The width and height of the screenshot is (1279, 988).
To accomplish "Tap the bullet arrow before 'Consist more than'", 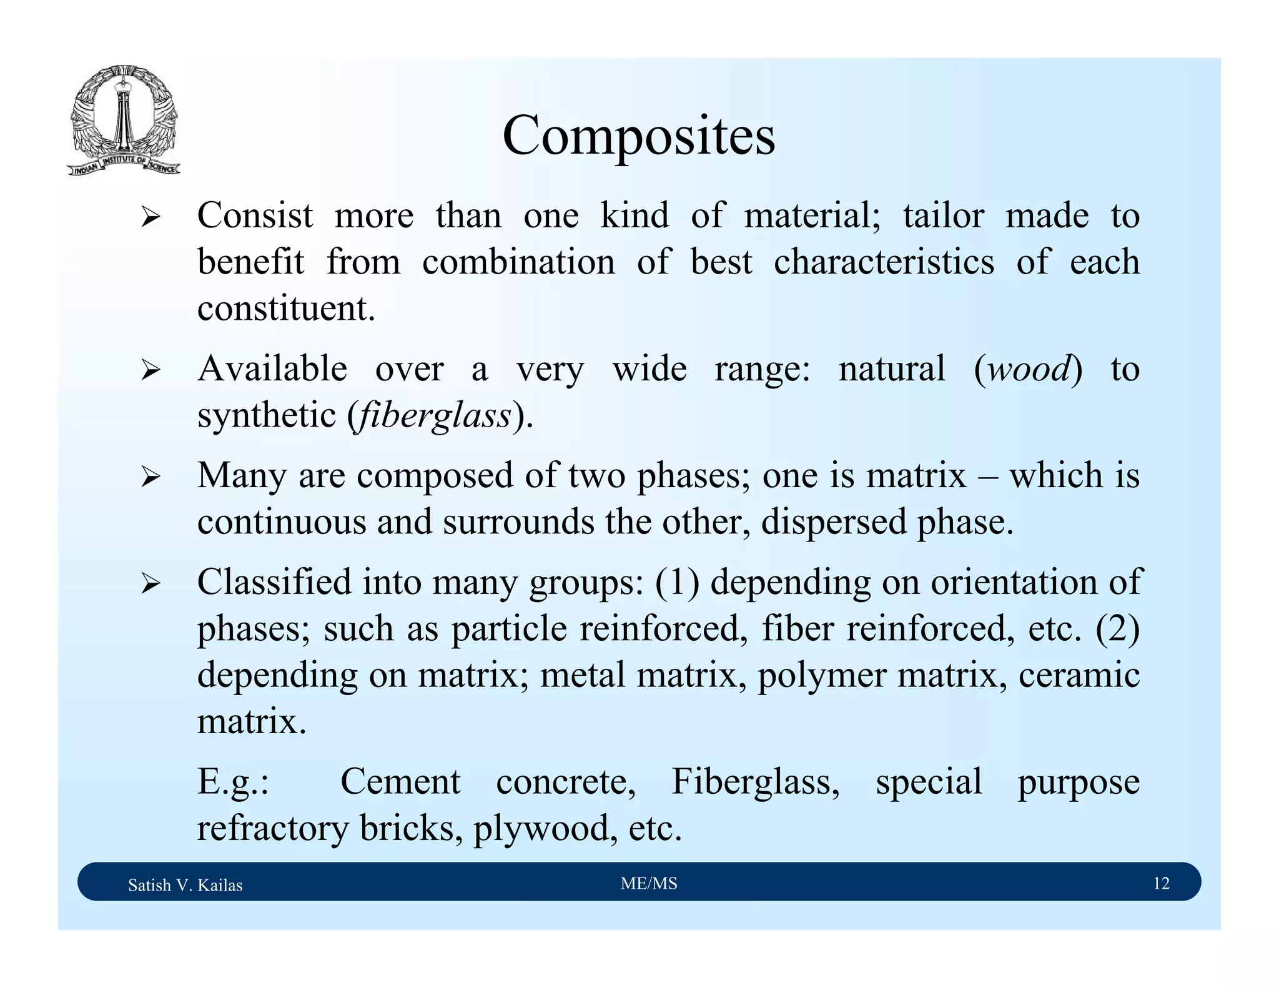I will pyautogui.click(x=151, y=218).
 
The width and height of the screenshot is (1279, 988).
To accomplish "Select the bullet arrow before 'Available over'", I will pyautogui.click(x=151, y=371).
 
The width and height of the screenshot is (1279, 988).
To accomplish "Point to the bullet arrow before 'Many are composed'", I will pyautogui.click(x=151, y=478).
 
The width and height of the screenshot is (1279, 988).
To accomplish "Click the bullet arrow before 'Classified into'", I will pyautogui.click(x=151, y=585).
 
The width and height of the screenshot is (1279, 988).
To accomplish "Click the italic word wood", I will pyautogui.click(x=1030, y=368).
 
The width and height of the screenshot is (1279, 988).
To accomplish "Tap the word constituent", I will pyautogui.click(x=285, y=309).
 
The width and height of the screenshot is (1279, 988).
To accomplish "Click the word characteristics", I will pyautogui.click(x=884, y=262).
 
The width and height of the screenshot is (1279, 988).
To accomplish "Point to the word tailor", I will pyautogui.click(x=943, y=215).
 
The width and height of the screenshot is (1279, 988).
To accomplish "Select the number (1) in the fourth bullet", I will pyautogui.click(x=677, y=582).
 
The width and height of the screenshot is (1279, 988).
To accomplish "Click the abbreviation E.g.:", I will pyautogui.click(x=233, y=782).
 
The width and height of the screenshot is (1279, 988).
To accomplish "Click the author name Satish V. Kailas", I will pyautogui.click(x=185, y=885).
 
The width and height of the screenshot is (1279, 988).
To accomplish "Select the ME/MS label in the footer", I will pyautogui.click(x=649, y=883).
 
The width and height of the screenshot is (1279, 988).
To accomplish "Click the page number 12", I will pyautogui.click(x=1161, y=883).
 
